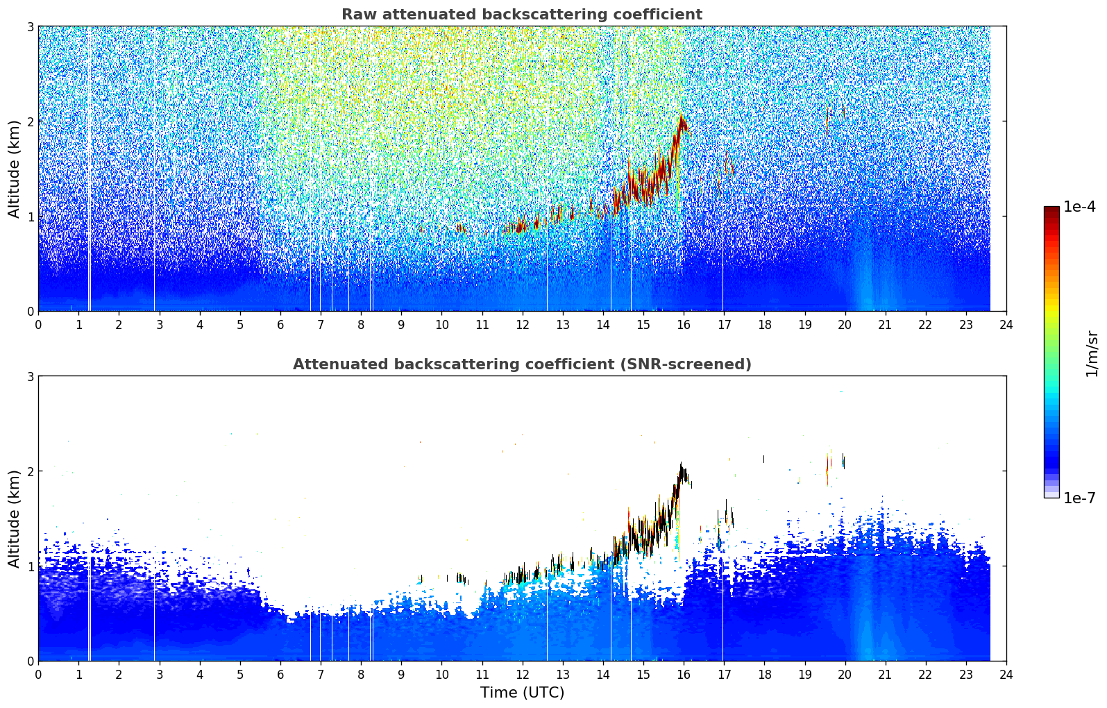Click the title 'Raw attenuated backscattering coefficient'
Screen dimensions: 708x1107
521,15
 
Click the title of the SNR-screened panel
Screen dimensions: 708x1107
521,364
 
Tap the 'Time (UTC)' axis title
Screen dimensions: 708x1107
522,693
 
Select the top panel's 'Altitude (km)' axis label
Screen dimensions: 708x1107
14,169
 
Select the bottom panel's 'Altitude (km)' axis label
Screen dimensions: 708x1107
14,519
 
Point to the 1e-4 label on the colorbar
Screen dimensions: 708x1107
1079,207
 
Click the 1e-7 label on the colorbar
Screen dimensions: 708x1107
1079,498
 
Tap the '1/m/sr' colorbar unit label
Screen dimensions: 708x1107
1092,353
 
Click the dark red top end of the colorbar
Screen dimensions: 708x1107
1051,209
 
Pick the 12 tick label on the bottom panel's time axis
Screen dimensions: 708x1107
522,675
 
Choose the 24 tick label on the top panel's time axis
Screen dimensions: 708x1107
1006,325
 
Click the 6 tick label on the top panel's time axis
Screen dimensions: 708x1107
280,325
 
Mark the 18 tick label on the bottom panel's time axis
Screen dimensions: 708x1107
764,675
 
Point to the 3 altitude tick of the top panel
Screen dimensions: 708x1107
31,26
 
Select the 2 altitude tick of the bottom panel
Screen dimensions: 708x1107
31,471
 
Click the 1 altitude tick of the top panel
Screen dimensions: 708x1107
31,217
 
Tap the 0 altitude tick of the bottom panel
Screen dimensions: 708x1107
31,661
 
